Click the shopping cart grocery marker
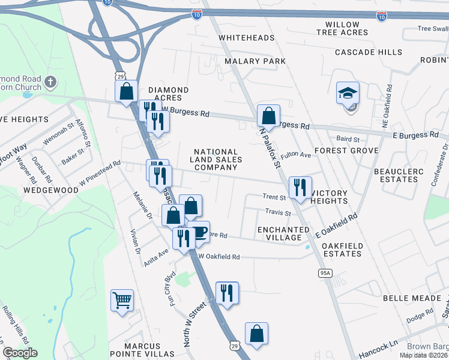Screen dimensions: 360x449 122,299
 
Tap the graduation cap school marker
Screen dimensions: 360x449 348,93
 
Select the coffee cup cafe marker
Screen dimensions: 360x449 199,232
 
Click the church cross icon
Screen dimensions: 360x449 50,82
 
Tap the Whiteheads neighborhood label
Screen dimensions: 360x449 246,38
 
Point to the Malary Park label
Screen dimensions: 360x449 255,61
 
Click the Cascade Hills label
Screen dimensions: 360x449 369,52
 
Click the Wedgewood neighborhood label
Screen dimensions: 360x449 51,190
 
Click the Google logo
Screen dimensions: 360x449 20,353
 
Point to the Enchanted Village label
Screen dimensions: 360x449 283,234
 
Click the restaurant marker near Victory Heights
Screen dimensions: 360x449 299,187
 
